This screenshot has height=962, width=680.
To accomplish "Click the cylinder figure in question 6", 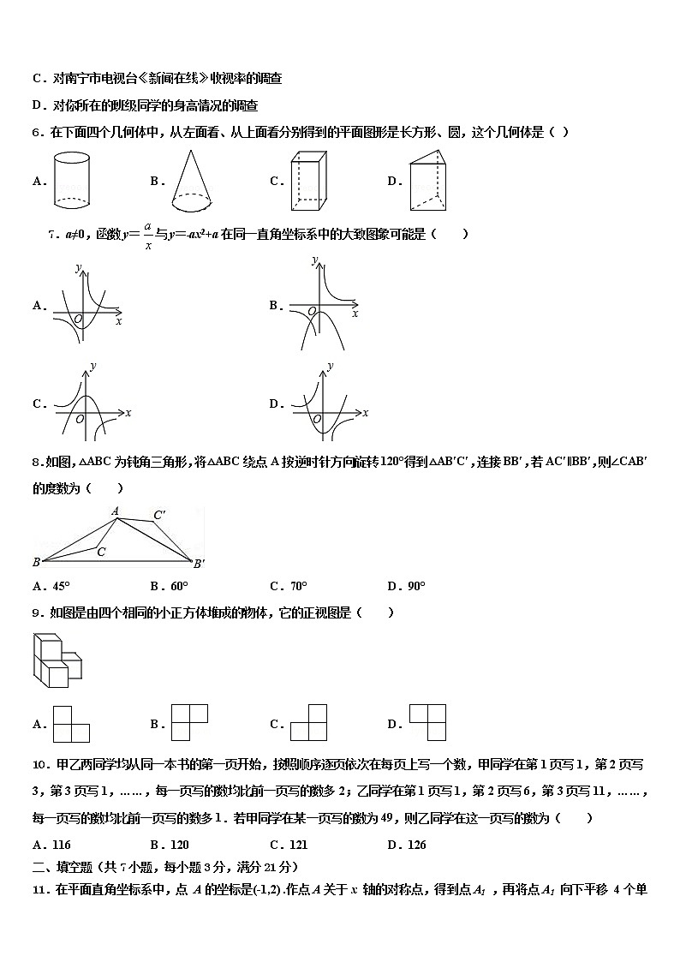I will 72,180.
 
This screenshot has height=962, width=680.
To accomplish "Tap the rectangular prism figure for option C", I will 309,181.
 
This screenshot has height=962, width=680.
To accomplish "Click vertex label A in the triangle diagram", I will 115,511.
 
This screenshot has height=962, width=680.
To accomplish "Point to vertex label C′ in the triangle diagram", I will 159,516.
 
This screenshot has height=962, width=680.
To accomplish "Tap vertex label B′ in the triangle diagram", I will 199,563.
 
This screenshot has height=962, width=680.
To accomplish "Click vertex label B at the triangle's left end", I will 36,562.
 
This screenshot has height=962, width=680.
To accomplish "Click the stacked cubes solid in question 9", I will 58,660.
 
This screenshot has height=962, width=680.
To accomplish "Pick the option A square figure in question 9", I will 71,724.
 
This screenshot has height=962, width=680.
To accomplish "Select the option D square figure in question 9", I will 427,722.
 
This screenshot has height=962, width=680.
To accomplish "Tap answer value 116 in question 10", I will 61,845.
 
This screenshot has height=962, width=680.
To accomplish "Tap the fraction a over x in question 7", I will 147,235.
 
